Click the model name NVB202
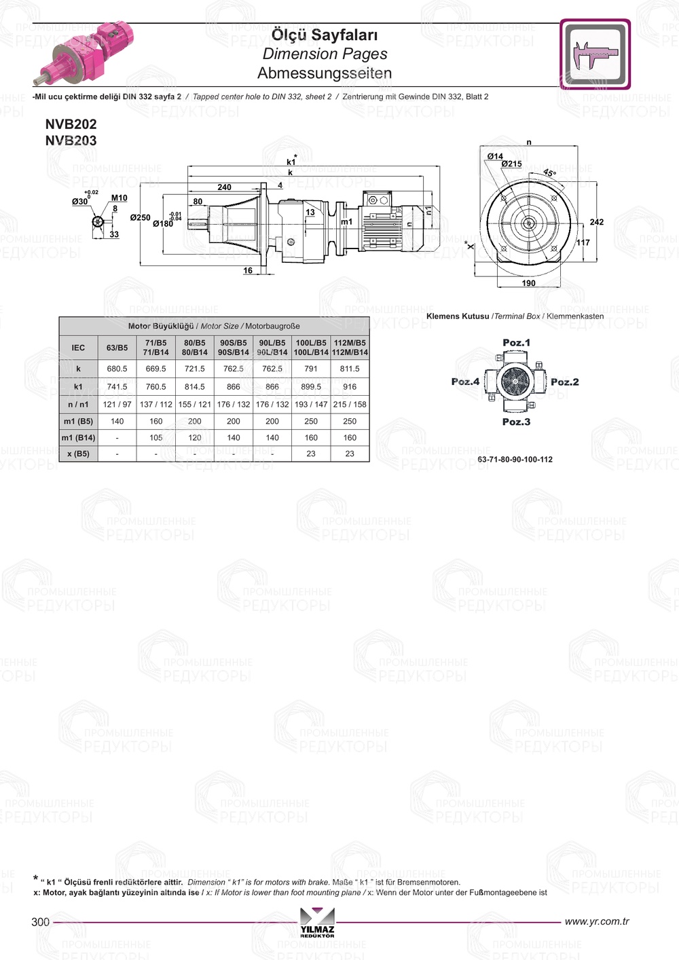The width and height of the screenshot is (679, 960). click(x=71, y=124)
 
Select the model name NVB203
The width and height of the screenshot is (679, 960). click(x=71, y=141)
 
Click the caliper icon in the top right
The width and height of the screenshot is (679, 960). click(x=595, y=54)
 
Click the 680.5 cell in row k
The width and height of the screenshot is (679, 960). click(x=117, y=369)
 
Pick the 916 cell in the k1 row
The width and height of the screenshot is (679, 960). click(x=350, y=386)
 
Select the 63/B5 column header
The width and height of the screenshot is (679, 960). click(x=117, y=348)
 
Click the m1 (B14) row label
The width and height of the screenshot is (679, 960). click(x=78, y=438)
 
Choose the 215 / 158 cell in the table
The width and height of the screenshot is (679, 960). click(x=350, y=404)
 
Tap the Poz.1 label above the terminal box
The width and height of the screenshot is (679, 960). click(x=516, y=343)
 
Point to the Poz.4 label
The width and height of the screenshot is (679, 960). click(x=465, y=382)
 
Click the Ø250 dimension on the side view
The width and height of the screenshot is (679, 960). click(x=140, y=218)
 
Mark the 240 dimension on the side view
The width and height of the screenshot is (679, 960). click(x=224, y=187)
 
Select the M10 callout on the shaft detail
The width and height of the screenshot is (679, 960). click(x=119, y=198)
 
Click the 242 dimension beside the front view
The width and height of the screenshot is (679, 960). click(x=596, y=222)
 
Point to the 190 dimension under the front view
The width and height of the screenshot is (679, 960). click(x=528, y=283)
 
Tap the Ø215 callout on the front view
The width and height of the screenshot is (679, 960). click(x=511, y=164)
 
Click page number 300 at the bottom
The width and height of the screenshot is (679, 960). click(x=41, y=921)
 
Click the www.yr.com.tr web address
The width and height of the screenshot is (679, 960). click(x=597, y=921)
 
